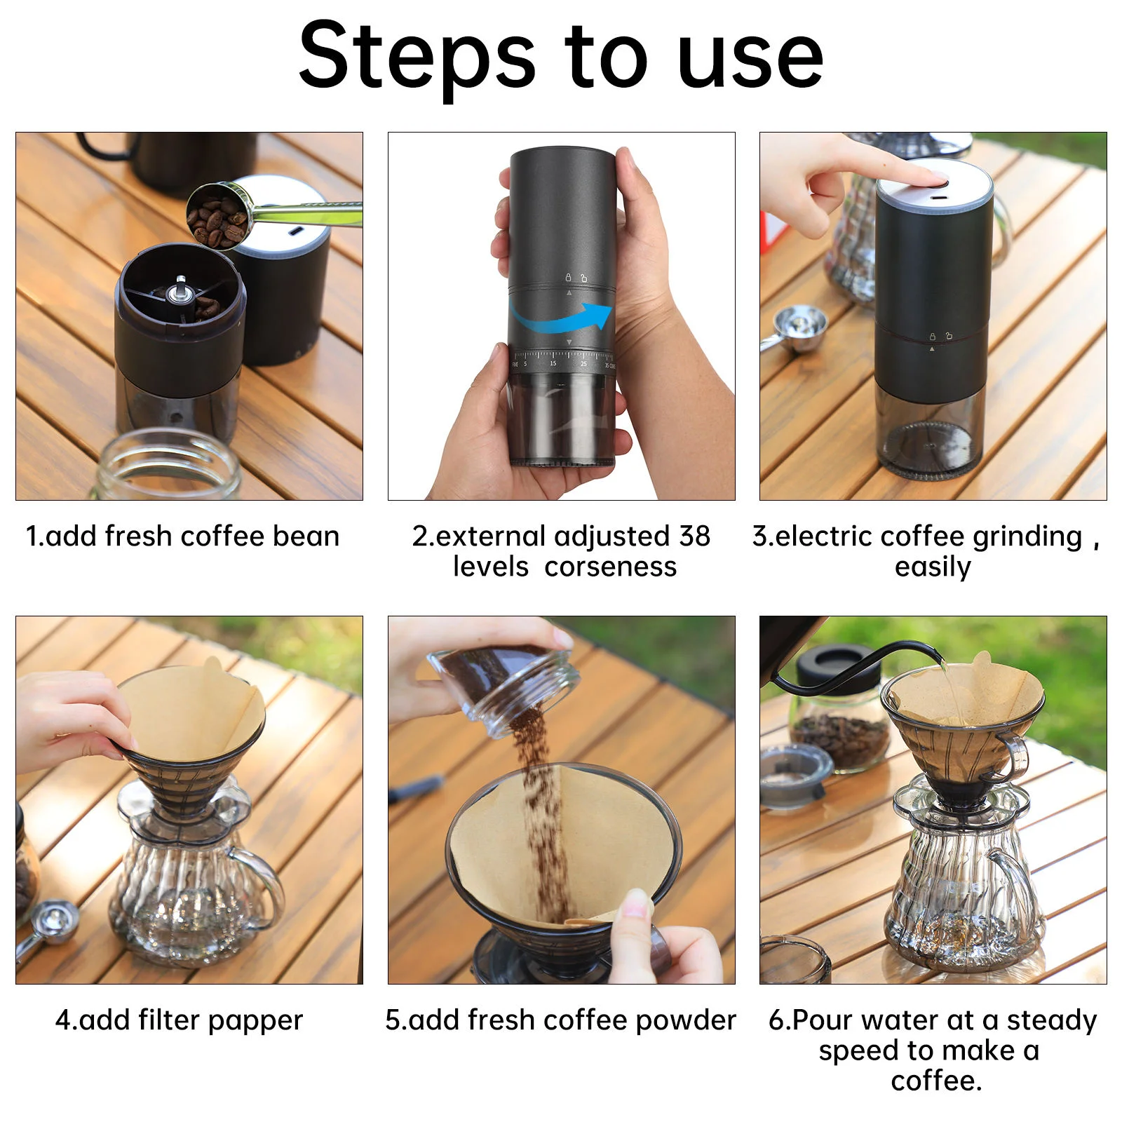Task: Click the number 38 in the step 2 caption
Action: click(694, 536)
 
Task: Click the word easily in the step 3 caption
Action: click(933, 567)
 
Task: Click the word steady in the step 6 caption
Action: click(1052, 1022)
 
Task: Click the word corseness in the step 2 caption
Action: click(611, 567)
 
